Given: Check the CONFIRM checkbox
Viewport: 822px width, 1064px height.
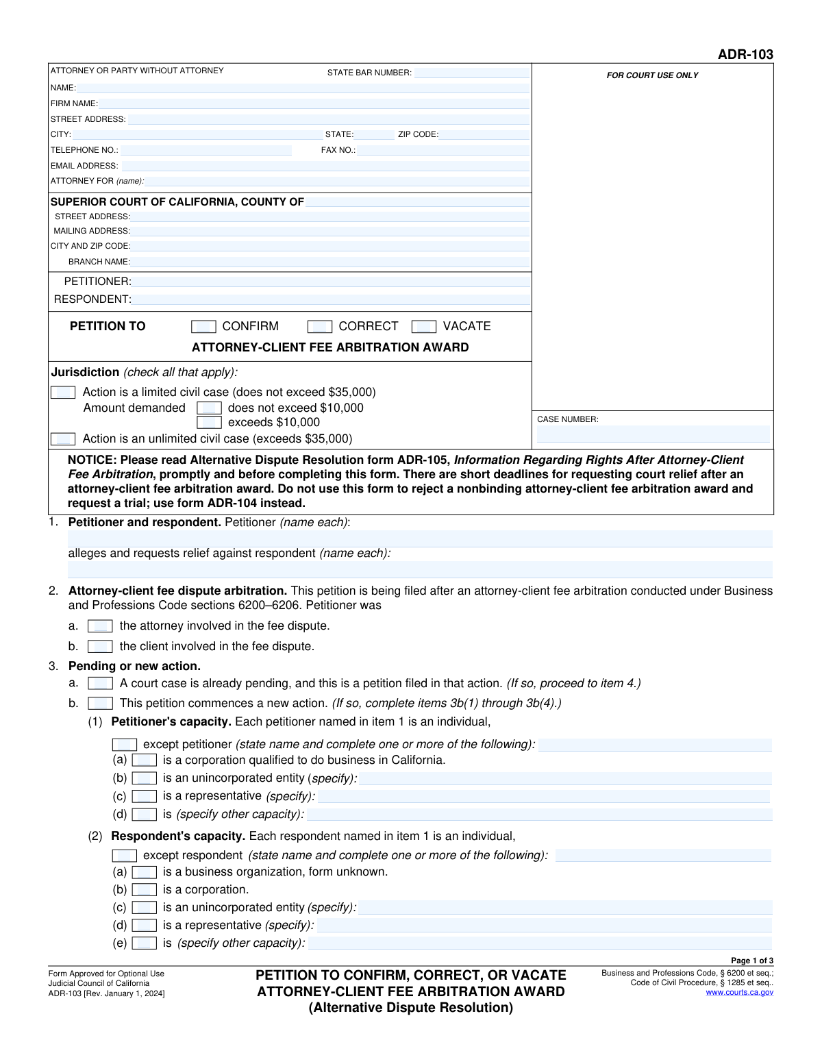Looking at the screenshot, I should click(203, 327).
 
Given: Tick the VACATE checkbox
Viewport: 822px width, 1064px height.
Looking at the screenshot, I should click(424, 327).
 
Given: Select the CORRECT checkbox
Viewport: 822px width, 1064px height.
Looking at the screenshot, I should click(320, 327).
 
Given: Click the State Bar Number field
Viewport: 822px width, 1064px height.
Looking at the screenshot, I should click(471, 73).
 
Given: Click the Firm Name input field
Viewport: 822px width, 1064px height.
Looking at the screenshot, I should click(314, 103).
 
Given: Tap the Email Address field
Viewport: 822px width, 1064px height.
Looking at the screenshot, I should click(325, 166).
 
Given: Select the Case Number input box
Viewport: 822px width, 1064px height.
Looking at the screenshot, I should click(653, 434).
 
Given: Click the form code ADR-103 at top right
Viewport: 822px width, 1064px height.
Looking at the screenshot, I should click(745, 54).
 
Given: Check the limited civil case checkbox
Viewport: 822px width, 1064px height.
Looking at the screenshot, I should click(63, 393).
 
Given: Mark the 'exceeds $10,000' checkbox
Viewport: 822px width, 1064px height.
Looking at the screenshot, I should click(209, 423).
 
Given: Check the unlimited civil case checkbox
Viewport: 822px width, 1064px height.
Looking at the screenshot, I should click(63, 439).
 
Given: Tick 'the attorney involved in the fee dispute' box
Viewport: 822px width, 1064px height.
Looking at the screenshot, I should click(100, 626).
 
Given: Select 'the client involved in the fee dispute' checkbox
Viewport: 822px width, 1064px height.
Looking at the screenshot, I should click(100, 647).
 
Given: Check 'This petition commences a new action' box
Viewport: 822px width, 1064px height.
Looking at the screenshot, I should click(100, 704).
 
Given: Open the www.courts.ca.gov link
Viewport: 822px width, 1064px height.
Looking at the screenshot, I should click(739, 992).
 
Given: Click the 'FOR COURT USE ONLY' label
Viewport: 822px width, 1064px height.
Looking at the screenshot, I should click(652, 75).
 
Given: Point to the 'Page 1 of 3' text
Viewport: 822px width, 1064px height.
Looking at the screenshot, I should click(752, 961).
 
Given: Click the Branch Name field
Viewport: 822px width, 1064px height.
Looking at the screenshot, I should click(331, 262).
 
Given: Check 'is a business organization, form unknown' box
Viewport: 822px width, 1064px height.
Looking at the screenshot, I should click(144, 872).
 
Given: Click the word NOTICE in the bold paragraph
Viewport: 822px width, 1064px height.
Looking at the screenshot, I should click(92, 460).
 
